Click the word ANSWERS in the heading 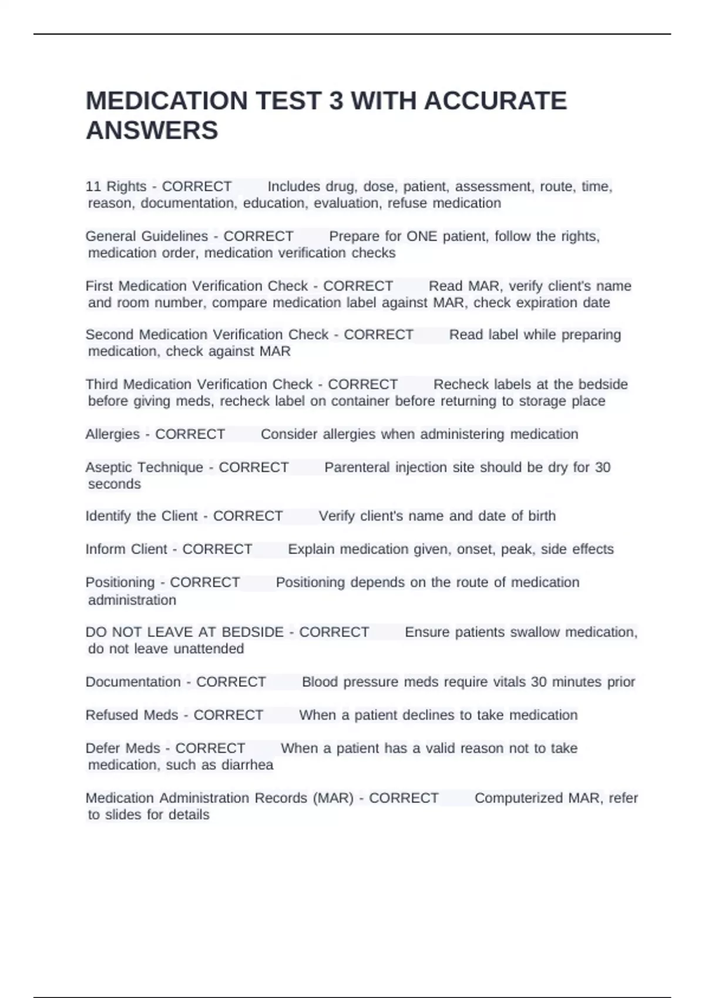(x=152, y=130)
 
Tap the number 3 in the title (x=336, y=101)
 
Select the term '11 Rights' (x=116, y=187)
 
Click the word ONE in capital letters (x=422, y=237)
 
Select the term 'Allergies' (x=112, y=434)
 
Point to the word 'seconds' (x=115, y=484)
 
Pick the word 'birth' (x=542, y=516)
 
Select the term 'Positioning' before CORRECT (x=120, y=582)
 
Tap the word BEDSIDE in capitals (x=253, y=632)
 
